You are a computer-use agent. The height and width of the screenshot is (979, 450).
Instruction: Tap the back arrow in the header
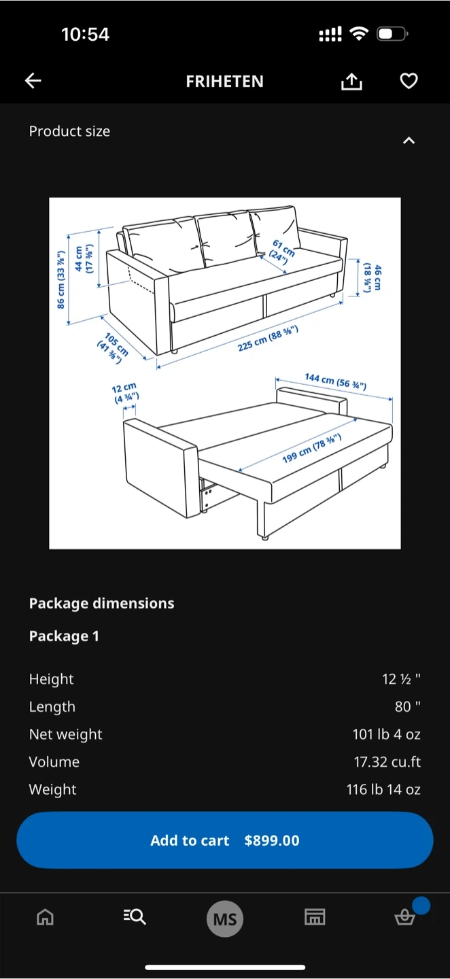(x=33, y=81)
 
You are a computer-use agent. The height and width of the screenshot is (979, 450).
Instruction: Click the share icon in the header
(x=351, y=82)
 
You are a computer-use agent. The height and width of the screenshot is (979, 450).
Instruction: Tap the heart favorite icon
(x=409, y=81)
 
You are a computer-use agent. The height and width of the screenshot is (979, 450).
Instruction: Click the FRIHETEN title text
(x=224, y=82)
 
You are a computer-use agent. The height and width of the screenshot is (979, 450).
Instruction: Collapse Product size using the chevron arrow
(x=409, y=141)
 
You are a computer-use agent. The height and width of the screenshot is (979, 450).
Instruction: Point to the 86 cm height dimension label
(x=61, y=279)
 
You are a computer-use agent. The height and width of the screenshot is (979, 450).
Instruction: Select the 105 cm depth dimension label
(x=113, y=348)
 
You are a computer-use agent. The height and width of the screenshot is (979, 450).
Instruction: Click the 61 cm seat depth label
(x=282, y=252)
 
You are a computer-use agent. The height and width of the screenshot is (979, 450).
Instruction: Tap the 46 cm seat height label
(x=373, y=277)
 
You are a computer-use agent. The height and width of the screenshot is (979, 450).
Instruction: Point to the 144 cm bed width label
(x=336, y=381)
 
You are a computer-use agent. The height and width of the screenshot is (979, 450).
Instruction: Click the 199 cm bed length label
(x=311, y=449)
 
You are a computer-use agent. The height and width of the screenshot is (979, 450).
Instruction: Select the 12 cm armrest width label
(x=125, y=392)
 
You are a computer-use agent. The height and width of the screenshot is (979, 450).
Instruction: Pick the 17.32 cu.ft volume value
(x=387, y=761)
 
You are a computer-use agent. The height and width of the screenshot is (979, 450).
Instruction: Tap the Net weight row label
(x=65, y=734)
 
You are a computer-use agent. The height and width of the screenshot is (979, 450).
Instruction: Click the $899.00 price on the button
(x=272, y=840)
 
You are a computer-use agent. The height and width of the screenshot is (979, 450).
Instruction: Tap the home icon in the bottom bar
(x=45, y=917)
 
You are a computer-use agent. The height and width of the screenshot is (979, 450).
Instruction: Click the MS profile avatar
(x=225, y=918)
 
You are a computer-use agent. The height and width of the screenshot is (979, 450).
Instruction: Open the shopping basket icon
(x=405, y=917)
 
